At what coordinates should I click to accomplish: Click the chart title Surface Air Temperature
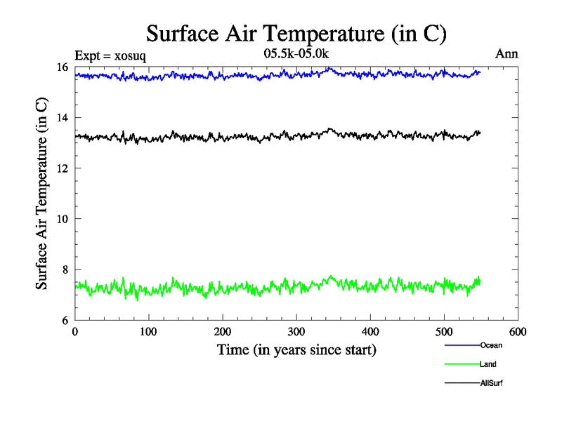296,33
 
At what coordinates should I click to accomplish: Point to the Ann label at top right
507,54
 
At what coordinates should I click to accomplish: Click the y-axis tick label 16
63,67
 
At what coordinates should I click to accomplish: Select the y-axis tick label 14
63,118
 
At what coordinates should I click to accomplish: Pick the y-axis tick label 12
63,168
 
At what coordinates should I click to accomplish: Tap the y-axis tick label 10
63,219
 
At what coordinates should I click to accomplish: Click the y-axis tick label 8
65,269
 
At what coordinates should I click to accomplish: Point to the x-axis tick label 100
148,332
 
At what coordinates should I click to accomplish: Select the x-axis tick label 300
296,332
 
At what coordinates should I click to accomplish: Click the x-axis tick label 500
443,332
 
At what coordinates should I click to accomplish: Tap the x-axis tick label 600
517,332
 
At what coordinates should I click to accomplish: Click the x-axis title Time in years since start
296,349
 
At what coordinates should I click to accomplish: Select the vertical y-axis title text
42,194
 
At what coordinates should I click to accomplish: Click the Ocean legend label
491,345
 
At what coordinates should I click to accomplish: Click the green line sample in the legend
461,364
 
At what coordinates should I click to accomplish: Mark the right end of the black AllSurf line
480,132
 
